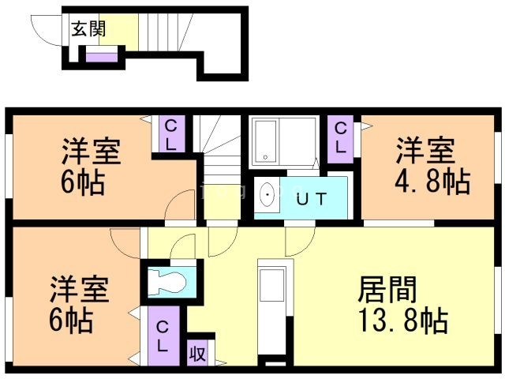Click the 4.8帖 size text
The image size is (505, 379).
(432, 181)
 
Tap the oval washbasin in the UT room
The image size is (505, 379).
(267, 195)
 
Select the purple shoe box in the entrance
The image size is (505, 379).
(100, 55)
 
